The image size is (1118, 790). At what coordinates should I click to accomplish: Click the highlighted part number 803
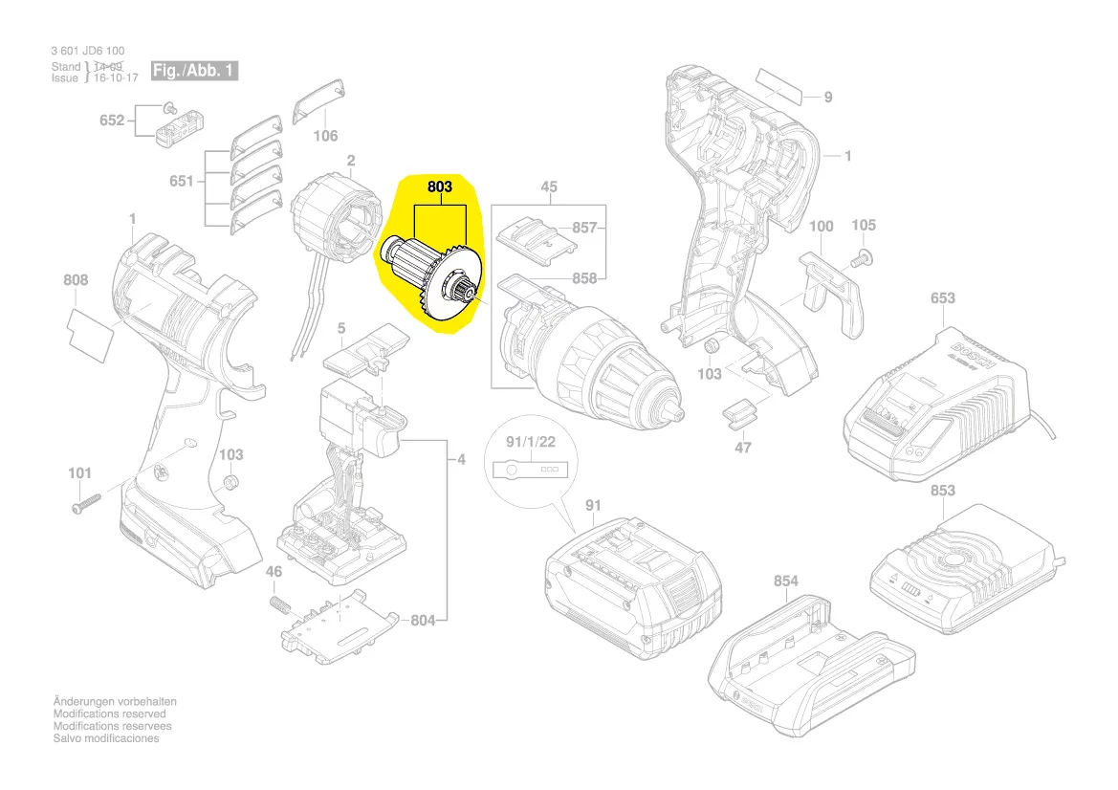[x=439, y=188]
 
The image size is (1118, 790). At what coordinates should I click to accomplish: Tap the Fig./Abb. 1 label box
[x=194, y=71]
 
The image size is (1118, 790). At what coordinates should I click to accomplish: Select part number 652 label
[x=112, y=121]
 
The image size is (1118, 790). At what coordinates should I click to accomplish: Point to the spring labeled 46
[x=278, y=605]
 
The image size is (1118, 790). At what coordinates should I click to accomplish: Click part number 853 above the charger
[x=942, y=491]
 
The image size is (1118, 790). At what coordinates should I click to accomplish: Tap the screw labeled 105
[x=860, y=257]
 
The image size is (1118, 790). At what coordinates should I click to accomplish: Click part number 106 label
[x=326, y=136]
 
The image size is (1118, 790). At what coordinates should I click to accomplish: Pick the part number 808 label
[x=76, y=280]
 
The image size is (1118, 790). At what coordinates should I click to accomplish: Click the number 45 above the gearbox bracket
[x=549, y=187]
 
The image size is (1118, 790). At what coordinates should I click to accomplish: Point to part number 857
[x=584, y=228]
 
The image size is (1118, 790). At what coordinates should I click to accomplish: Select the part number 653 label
[x=942, y=298]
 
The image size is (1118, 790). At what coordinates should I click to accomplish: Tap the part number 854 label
[x=785, y=581]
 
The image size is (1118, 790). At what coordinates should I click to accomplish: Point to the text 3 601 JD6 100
[x=88, y=51]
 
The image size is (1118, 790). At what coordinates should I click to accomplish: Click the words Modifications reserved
[x=109, y=713]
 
